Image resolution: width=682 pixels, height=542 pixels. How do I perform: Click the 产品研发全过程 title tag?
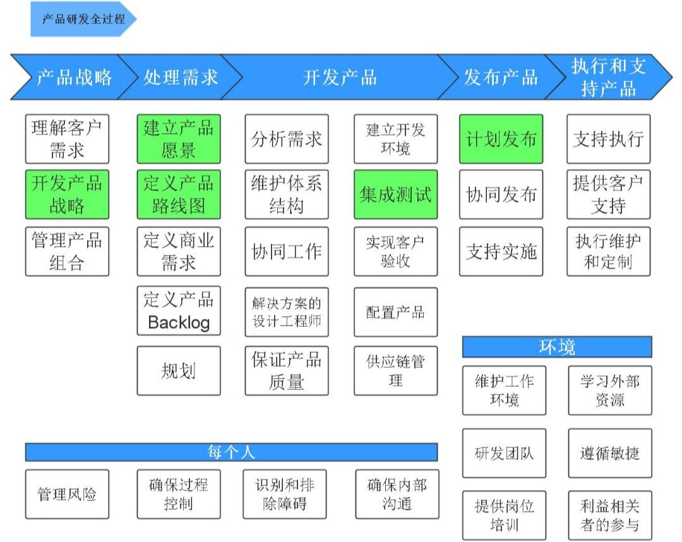(82, 19)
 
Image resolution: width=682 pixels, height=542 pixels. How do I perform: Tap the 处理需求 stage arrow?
(179, 77)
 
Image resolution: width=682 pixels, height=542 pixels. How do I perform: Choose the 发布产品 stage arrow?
(500, 77)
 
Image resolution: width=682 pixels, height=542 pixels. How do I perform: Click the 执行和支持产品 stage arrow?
(607, 77)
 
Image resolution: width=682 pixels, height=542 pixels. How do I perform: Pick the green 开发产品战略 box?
(67, 194)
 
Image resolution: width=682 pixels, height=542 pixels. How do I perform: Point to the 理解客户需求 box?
(67, 139)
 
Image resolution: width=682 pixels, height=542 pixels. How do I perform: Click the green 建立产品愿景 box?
(179, 139)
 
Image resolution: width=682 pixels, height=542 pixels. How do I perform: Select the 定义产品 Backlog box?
(179, 311)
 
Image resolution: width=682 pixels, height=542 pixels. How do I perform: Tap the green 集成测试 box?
(395, 194)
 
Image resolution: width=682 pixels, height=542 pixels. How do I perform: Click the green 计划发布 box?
(501, 139)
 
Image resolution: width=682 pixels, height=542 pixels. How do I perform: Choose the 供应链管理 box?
(395, 370)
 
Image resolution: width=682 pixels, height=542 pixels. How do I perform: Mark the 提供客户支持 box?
(608, 194)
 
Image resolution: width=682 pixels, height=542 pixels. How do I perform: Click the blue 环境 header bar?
(556, 347)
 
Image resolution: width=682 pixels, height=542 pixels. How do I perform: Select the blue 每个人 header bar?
(231, 452)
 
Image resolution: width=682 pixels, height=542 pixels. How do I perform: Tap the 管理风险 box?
(67, 494)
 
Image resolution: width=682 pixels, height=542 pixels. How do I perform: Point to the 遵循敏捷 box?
(609, 453)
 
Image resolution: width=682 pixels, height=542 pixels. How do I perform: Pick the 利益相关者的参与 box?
(609, 515)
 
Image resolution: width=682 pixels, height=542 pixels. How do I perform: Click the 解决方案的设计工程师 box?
(287, 312)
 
